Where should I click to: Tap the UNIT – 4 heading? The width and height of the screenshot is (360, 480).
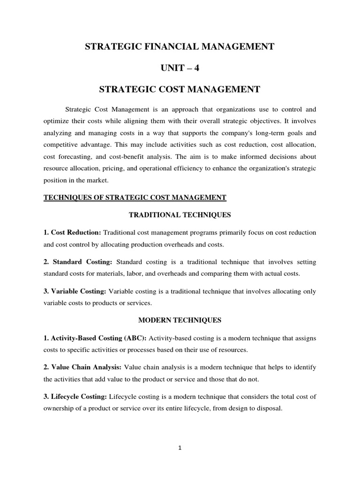[x=180, y=67]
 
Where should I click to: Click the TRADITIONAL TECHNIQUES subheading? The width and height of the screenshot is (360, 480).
[x=180, y=216]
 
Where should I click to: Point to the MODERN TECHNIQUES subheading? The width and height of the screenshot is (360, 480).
[x=180, y=320]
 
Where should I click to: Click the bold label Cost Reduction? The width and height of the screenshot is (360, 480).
[x=72, y=233]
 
